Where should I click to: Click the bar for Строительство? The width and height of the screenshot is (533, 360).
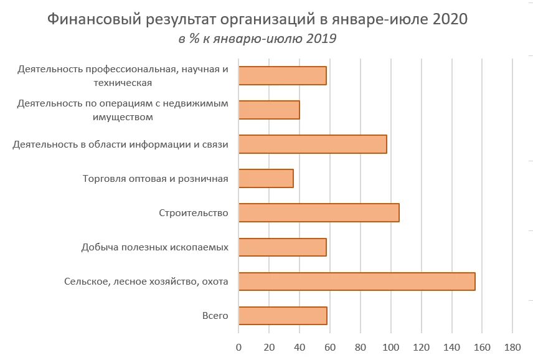[319, 212]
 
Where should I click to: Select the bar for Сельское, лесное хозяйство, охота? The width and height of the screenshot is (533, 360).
[357, 282]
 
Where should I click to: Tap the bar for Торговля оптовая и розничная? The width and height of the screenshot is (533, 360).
[266, 179]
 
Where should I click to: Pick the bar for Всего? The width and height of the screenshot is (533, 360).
[283, 316]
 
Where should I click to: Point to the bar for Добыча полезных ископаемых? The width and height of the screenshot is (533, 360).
[282, 247]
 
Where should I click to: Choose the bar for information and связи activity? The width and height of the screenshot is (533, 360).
[313, 144]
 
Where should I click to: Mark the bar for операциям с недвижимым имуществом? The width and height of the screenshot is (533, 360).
[269, 110]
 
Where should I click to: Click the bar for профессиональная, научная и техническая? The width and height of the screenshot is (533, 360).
[282, 75]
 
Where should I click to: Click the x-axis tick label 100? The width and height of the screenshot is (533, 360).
[390, 346]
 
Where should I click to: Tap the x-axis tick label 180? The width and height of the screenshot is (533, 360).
[512, 346]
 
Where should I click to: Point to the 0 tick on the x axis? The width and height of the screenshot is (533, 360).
[238, 346]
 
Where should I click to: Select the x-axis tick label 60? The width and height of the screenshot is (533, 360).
[330, 346]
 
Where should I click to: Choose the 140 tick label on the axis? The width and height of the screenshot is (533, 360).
[451, 346]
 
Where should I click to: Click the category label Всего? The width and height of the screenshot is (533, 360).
[215, 316]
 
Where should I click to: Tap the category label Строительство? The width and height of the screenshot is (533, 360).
[194, 213]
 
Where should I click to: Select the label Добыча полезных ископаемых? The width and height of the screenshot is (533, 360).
[154, 247]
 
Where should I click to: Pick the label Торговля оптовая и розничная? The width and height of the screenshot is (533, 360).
[156, 179]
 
